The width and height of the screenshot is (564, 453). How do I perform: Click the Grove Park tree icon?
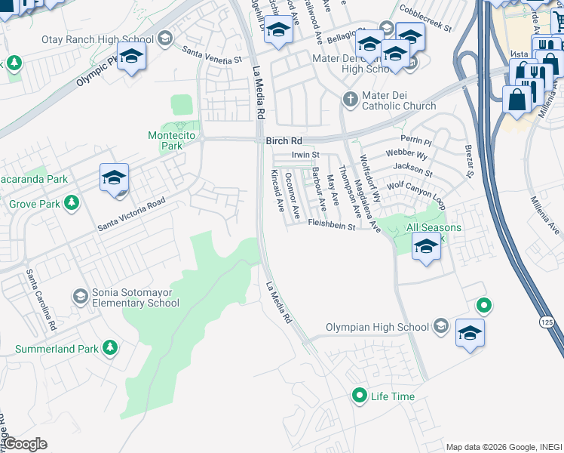pyautogui.click(x=72, y=202)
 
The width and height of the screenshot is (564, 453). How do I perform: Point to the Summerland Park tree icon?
pyautogui.click(x=110, y=347)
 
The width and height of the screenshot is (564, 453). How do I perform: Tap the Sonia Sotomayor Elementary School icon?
pyautogui.click(x=80, y=295)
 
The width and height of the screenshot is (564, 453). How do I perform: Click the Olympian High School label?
pyautogui.click(x=377, y=327)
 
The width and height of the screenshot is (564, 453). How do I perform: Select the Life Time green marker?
pyautogui.click(x=360, y=395)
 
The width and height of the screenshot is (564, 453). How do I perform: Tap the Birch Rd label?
pyautogui.click(x=284, y=141)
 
